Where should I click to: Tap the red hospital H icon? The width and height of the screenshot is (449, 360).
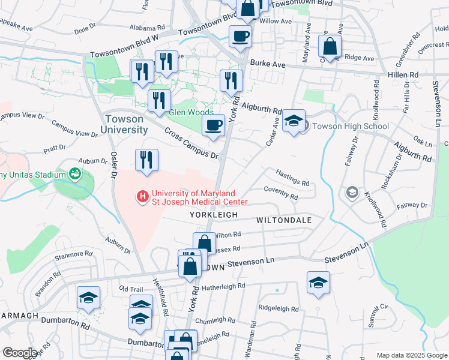click(143, 196)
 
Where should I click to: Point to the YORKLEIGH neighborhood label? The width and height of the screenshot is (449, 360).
click(214, 215)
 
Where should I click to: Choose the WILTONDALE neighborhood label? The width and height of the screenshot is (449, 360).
click(284, 220)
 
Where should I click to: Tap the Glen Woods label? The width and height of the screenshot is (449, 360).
click(191, 113)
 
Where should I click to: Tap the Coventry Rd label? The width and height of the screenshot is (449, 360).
click(281, 193)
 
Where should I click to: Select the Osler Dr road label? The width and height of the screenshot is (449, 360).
click(112, 165)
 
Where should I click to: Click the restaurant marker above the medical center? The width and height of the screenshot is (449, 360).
click(146, 160)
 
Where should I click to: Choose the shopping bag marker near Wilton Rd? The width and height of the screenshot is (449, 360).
click(204, 244)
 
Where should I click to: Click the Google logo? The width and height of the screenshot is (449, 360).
click(20, 353)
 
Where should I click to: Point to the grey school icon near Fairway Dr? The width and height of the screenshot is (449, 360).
click(352, 193)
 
